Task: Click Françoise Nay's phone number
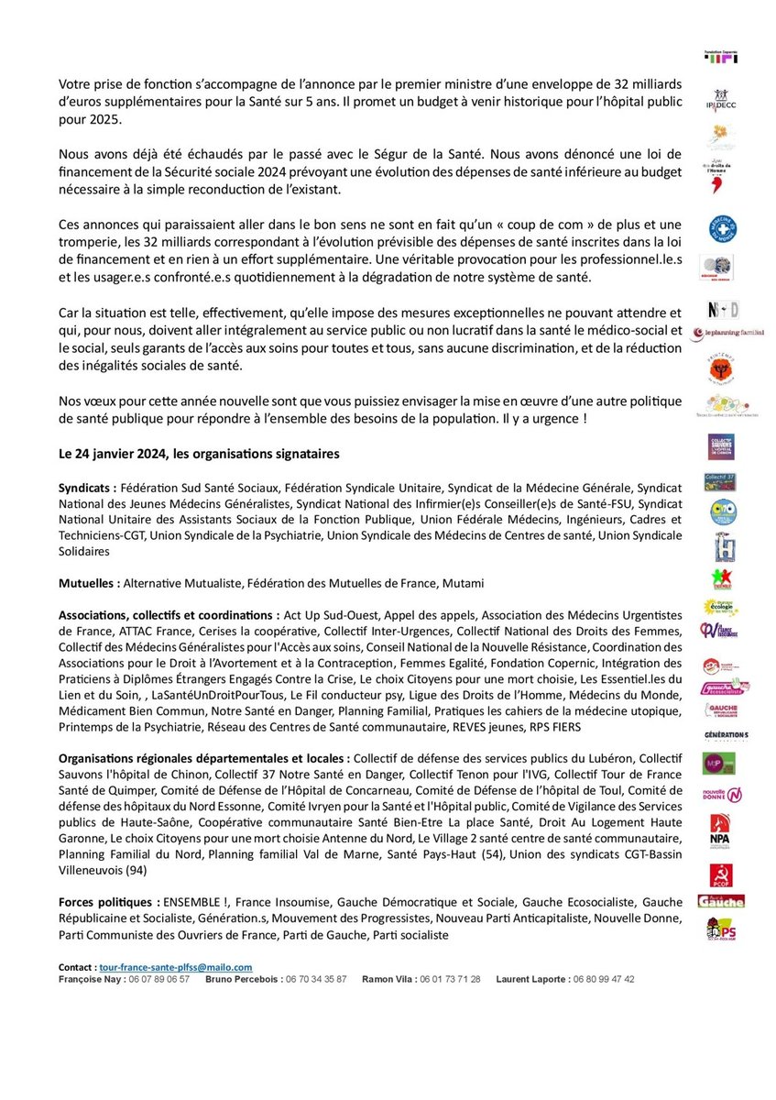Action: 158,979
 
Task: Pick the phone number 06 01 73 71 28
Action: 448,979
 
